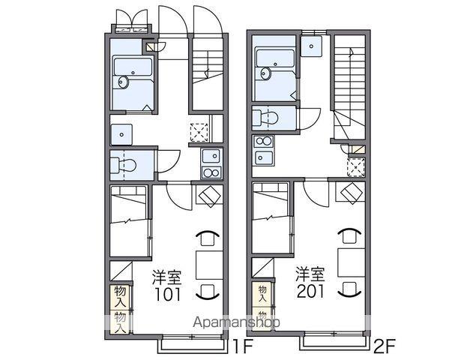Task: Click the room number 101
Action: point(168,294)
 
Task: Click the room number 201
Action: point(310,291)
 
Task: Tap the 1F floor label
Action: point(242,347)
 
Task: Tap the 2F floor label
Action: point(385,347)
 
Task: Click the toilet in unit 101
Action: point(124,165)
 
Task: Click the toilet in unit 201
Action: point(265,118)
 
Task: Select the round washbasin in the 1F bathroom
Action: point(123,82)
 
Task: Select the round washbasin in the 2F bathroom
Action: point(265,74)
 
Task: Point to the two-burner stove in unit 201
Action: point(264,141)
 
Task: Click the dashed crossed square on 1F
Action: point(199,132)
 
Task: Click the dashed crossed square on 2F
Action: point(356,166)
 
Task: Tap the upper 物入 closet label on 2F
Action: point(262,294)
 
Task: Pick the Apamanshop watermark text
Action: point(237,322)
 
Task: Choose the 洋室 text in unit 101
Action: point(167,278)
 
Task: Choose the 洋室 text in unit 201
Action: point(310,274)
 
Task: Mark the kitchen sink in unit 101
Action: point(211,156)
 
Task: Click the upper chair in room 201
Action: point(349,235)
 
